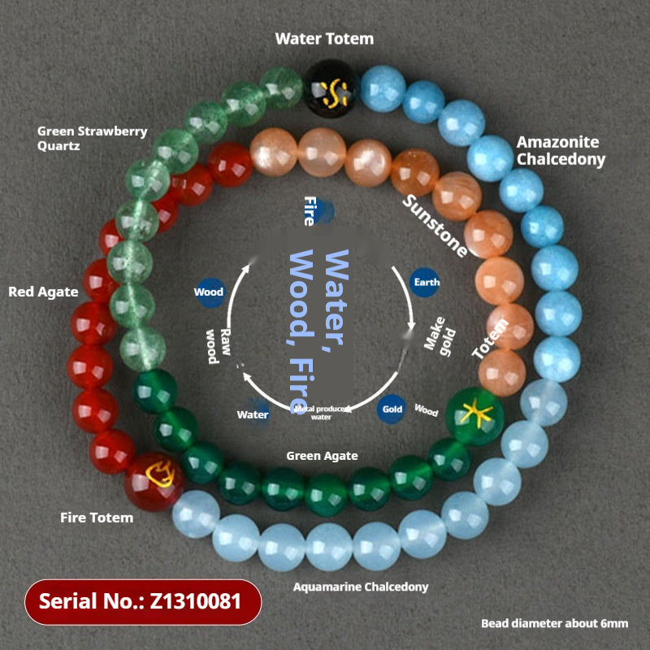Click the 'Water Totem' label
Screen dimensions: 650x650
pyautogui.click(x=324, y=38)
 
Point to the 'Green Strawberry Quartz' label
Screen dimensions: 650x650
pyautogui.click(x=93, y=138)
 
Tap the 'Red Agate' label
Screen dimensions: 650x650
pyautogui.click(x=43, y=292)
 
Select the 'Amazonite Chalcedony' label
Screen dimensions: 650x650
pyautogui.click(x=561, y=150)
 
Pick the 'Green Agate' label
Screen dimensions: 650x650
pyautogui.click(x=322, y=456)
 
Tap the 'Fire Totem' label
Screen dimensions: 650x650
pyautogui.click(x=97, y=518)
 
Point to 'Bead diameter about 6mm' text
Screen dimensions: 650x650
pyautogui.click(x=554, y=623)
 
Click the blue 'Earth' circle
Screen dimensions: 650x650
pyautogui.click(x=426, y=282)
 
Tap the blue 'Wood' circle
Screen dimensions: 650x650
pyautogui.click(x=209, y=292)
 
